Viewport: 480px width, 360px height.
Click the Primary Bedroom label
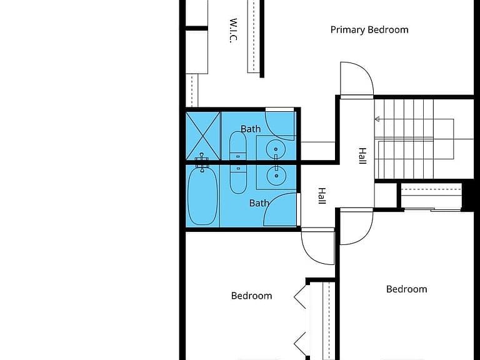(x=369, y=30)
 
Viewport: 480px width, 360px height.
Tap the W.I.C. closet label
(x=233, y=31)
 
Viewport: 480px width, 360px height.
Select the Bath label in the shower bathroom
(x=251, y=129)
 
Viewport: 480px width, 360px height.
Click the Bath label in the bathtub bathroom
(x=259, y=203)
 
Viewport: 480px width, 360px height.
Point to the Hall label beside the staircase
(x=362, y=156)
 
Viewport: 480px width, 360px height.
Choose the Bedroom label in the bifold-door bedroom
(x=252, y=296)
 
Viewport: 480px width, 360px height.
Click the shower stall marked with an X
(x=203, y=136)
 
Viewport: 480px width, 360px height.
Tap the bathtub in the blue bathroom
(x=202, y=195)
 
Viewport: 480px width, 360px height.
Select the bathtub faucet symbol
(x=202, y=162)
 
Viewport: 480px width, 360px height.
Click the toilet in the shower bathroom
(x=238, y=146)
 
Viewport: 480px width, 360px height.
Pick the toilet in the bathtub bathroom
(x=238, y=179)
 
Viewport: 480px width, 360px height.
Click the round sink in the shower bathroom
(x=276, y=149)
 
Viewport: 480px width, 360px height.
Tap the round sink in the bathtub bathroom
(x=276, y=176)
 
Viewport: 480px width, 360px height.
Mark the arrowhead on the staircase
(x=377, y=119)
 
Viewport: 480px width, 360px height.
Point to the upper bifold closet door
(x=300, y=297)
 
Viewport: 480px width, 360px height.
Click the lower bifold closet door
(x=300, y=344)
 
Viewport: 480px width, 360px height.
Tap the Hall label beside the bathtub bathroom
(x=322, y=196)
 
